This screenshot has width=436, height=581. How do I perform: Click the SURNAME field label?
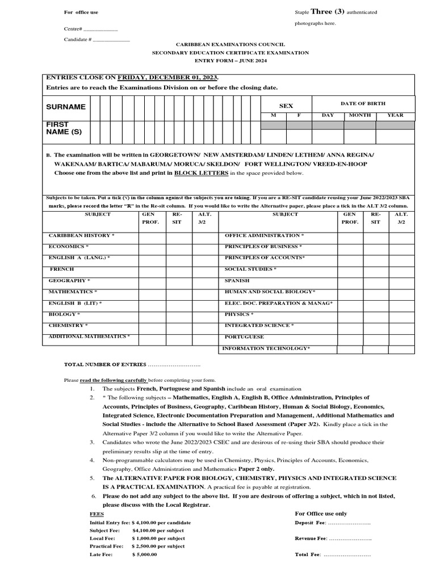[x=66, y=107]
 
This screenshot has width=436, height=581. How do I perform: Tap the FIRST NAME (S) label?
[x=59, y=128]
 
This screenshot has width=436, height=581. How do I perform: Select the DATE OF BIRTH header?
[x=363, y=103]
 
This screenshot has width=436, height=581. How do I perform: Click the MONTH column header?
[x=359, y=115]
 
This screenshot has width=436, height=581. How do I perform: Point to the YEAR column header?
[x=395, y=115]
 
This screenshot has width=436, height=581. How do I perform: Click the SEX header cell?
[x=286, y=106]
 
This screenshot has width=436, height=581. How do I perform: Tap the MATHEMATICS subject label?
[x=73, y=292]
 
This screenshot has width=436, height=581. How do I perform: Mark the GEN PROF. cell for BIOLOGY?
[x=152, y=314]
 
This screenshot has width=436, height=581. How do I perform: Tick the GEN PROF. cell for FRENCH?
[x=152, y=269]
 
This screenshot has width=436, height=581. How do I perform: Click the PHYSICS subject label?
[x=239, y=314]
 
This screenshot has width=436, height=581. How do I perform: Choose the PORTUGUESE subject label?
[x=244, y=337]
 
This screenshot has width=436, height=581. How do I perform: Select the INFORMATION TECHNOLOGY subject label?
[x=266, y=348]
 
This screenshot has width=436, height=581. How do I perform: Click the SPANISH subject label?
[x=237, y=280]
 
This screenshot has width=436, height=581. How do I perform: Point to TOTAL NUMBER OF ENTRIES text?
[x=105, y=364]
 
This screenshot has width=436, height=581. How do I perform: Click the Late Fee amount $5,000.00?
[x=144, y=554]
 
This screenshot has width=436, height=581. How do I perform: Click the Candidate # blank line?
[x=111, y=40]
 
